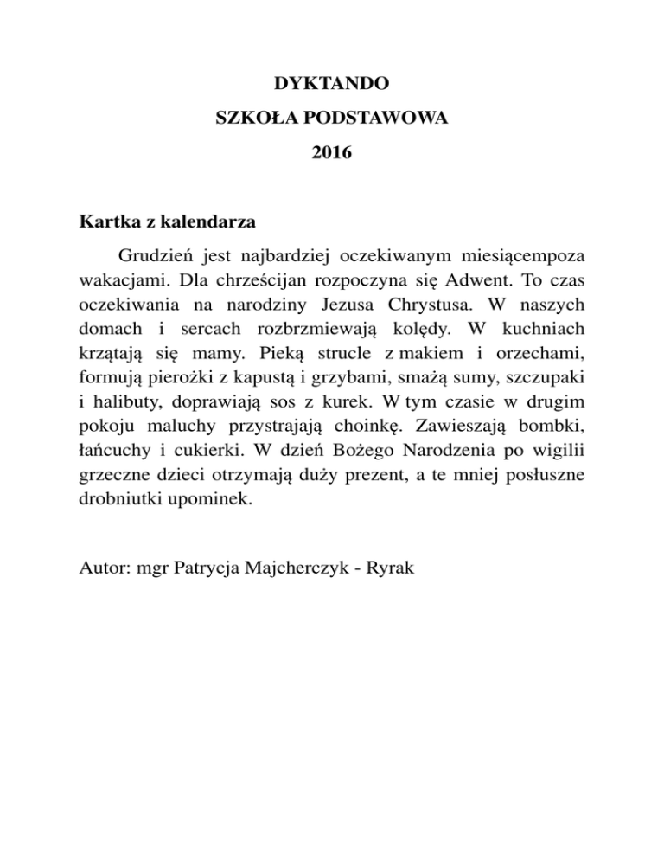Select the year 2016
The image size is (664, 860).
tap(331, 156)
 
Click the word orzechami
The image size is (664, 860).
tap(546, 355)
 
